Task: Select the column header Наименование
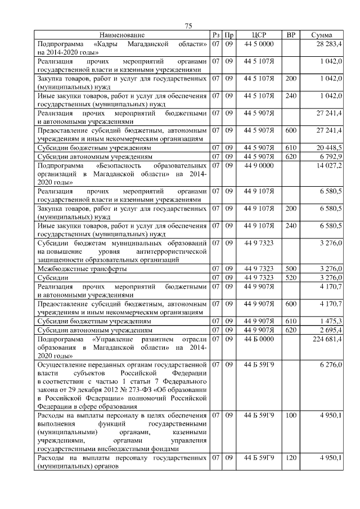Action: click(122, 35)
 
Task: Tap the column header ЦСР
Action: click(259, 35)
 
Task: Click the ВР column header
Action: click(291, 35)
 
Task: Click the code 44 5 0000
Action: click(259, 43)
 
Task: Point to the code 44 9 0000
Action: click(259, 166)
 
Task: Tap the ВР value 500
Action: click(291, 269)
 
